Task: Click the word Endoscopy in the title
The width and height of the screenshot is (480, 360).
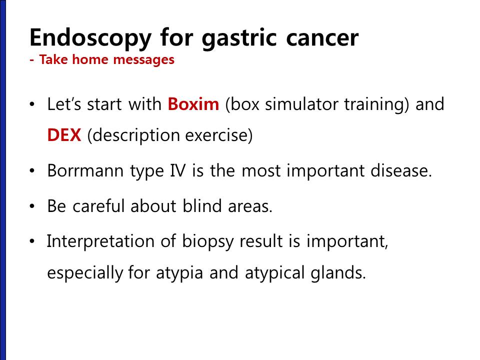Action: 90,37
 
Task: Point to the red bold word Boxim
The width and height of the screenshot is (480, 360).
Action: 193,104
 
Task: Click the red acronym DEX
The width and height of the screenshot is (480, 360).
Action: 64,134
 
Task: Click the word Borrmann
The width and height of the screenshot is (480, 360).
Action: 85,170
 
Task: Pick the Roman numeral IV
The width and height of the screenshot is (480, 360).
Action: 177,170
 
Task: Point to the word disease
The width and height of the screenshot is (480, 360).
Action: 401,170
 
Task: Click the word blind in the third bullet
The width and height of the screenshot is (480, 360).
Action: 202,205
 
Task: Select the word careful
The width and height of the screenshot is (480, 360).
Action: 98,205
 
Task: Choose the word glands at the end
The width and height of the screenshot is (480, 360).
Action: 338,272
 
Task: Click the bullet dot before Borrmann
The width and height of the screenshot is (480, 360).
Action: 32,171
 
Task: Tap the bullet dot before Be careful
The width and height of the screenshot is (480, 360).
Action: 32,206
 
